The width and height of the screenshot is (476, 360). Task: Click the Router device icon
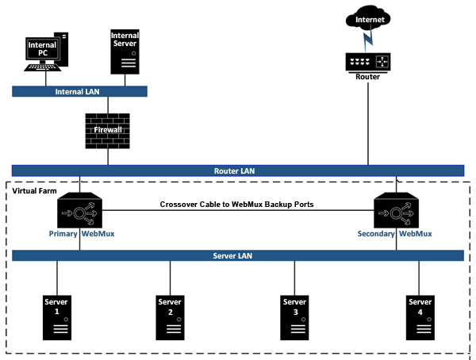click(x=367, y=62)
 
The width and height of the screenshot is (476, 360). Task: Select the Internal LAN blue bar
click(x=79, y=92)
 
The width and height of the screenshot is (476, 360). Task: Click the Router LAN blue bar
click(x=237, y=170)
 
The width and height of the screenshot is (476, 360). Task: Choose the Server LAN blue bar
click(x=237, y=255)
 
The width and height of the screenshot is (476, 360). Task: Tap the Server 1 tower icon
click(x=57, y=316)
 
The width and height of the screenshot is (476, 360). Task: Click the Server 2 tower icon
click(x=170, y=316)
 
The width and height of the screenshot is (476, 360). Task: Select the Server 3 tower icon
click(x=294, y=316)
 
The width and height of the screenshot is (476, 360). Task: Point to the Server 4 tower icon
click(x=420, y=316)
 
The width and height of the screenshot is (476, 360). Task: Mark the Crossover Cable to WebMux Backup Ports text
click(x=236, y=204)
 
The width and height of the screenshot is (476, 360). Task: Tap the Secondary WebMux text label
click(x=393, y=234)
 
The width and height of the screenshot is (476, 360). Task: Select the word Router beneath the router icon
click(x=367, y=77)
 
